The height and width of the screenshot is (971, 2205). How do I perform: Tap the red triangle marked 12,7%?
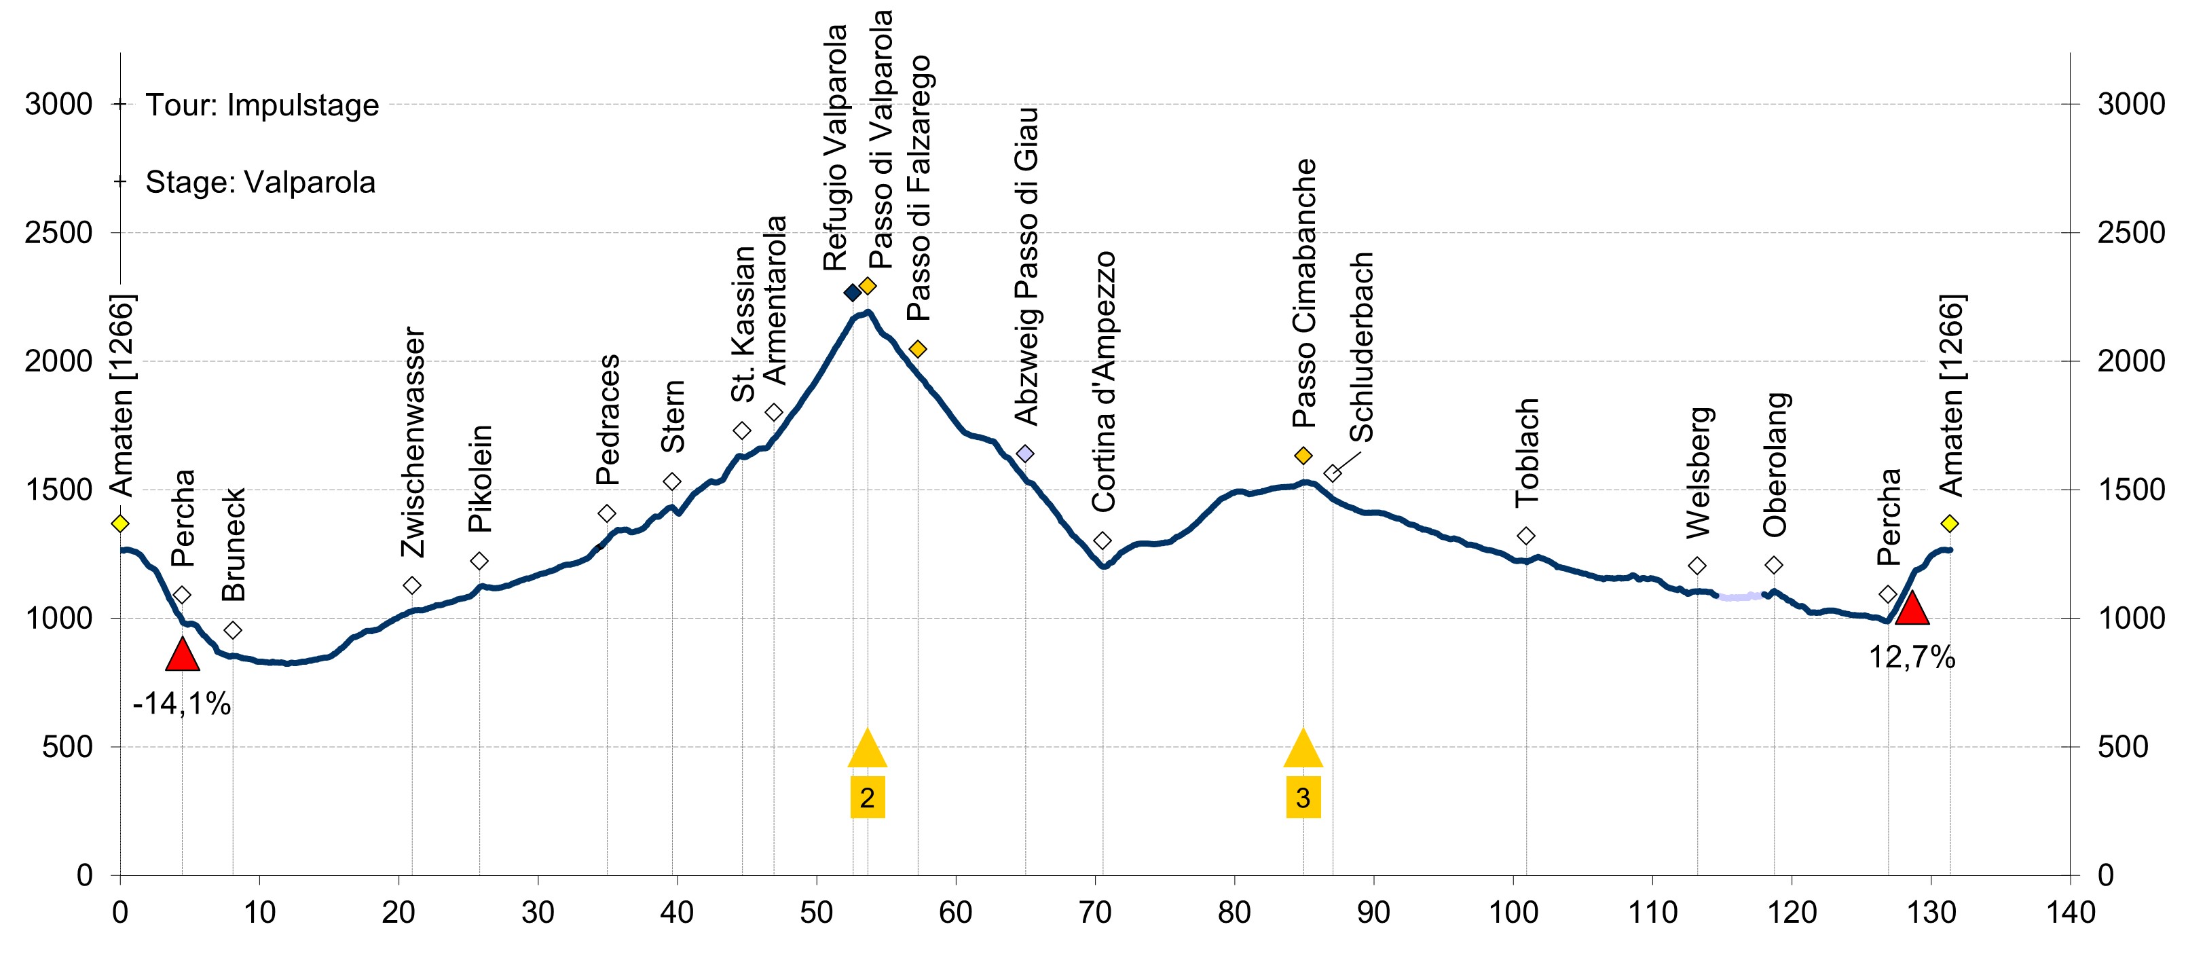[x=1912, y=610]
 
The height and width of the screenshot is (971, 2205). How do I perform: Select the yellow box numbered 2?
[x=867, y=798]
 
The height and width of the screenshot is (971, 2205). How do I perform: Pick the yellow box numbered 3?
[x=1303, y=798]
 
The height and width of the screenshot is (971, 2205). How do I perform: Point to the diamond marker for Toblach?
[x=1525, y=536]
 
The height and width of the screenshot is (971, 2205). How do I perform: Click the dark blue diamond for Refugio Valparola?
[x=853, y=293]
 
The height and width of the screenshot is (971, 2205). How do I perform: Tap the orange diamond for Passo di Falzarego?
[x=918, y=348]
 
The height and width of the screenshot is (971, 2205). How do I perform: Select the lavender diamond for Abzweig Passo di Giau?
[x=1024, y=453]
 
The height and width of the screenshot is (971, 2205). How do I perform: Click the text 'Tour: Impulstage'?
[x=262, y=105]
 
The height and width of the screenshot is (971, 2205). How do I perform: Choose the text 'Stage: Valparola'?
[x=260, y=183]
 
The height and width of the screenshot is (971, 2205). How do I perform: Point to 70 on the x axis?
[x=1095, y=913]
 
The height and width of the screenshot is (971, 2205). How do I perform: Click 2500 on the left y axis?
[x=58, y=233]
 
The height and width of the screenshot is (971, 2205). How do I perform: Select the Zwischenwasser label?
[x=414, y=442]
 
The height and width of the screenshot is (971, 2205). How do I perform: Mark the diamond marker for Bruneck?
[x=233, y=630]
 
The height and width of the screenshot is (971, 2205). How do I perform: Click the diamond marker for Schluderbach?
[x=1332, y=473]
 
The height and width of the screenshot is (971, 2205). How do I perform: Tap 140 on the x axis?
[x=2070, y=913]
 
